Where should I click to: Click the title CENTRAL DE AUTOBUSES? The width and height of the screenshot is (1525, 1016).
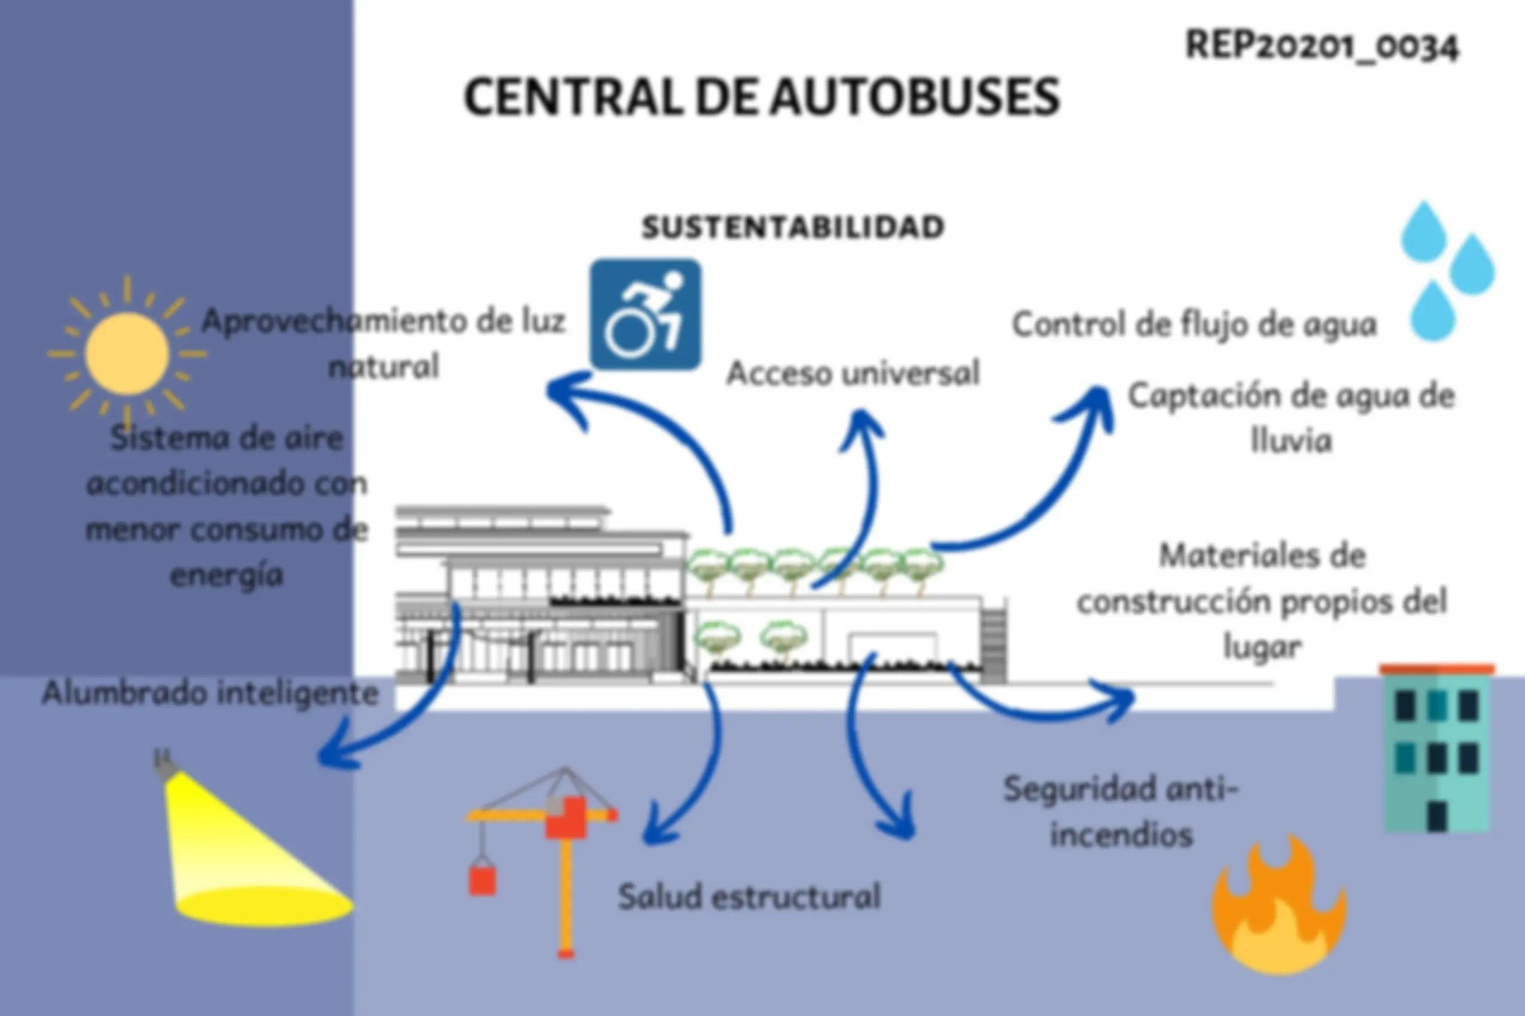[x=761, y=97]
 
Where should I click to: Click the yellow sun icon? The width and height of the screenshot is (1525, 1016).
[x=127, y=354]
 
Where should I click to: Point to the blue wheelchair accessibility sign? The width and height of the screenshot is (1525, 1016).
[x=645, y=315]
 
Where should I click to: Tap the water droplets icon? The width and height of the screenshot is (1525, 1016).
[x=1447, y=271]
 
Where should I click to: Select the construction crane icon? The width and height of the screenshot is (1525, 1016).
[x=542, y=862]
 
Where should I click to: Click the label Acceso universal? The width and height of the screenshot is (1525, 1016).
[x=853, y=373]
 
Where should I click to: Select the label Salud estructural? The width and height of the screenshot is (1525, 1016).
[x=749, y=897]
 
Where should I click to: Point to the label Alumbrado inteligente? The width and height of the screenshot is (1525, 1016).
[x=210, y=693]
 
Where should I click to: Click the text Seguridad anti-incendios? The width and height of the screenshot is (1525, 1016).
[x=1121, y=812]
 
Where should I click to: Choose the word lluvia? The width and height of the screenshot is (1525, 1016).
[x=1291, y=441]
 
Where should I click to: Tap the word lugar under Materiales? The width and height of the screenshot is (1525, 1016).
[x=1262, y=647]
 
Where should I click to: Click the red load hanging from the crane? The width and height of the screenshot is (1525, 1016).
[x=482, y=880]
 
